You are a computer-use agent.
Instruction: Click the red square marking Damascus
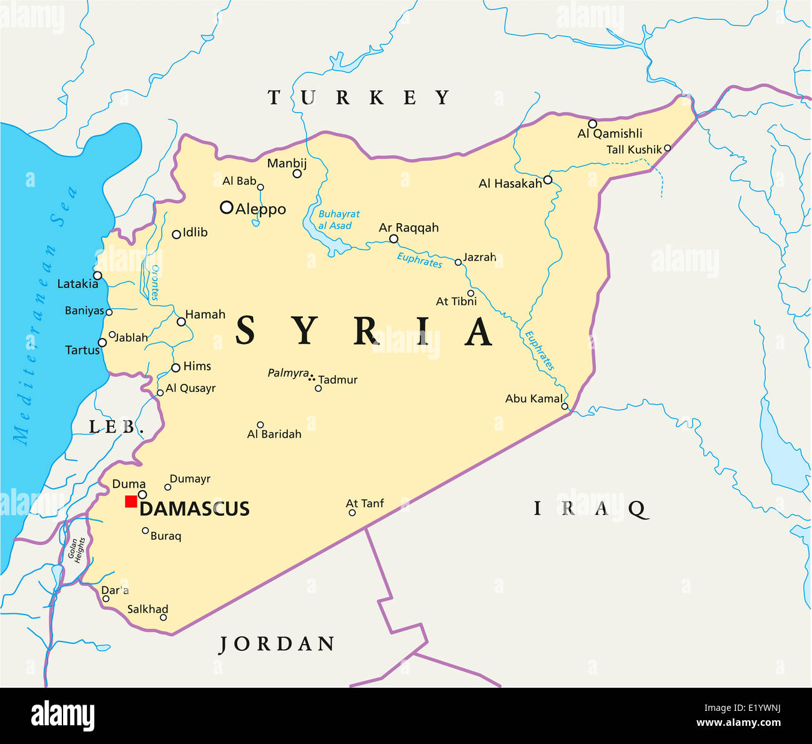(131, 501)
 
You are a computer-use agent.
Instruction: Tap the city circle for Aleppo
(227, 208)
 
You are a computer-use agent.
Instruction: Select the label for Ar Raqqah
(408, 228)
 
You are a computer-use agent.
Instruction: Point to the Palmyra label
(288, 373)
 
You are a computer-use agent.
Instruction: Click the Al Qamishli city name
(610, 133)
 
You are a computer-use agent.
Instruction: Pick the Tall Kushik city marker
(667, 148)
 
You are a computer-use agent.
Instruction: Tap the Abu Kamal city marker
(565, 406)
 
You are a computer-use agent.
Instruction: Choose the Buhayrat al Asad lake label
(339, 220)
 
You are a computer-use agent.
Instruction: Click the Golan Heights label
(76, 550)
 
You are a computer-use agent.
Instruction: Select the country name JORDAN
(277, 644)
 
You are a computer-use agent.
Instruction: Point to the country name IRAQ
(590, 508)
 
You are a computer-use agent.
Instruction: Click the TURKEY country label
(359, 98)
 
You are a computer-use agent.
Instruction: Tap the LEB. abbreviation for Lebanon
(117, 428)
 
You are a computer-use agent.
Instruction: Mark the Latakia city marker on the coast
(97, 275)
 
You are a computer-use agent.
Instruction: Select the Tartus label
(82, 350)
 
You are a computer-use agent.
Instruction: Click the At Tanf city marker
(352, 513)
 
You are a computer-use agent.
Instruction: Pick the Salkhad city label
(147, 609)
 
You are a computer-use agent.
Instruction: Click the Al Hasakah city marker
(548, 180)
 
